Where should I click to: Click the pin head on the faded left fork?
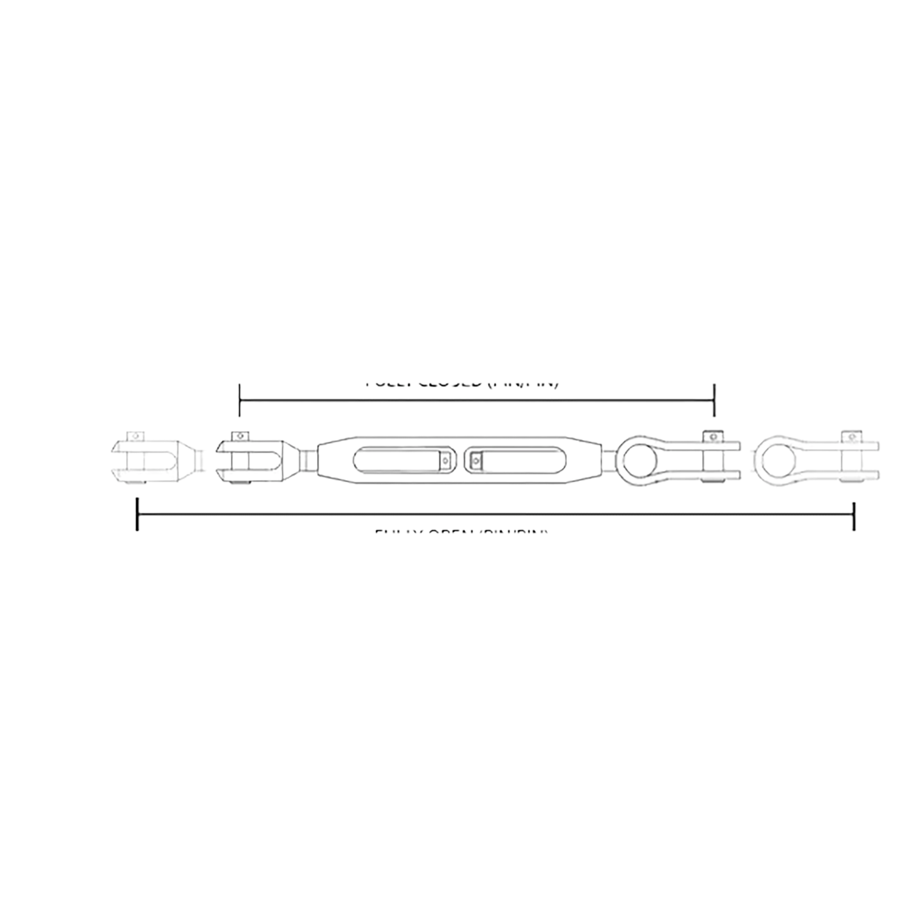pos(135,437)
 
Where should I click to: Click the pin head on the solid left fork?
pos(240,437)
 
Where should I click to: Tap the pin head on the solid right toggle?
pos(711,437)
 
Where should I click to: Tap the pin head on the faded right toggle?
pos(849,437)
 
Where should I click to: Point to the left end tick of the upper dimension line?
pos(240,399)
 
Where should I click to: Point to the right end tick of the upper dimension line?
pos(714,399)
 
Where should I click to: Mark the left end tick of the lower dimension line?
pos(137,513)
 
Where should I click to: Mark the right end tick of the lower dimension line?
pos(854,513)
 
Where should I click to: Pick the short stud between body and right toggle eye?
pos(610,460)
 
